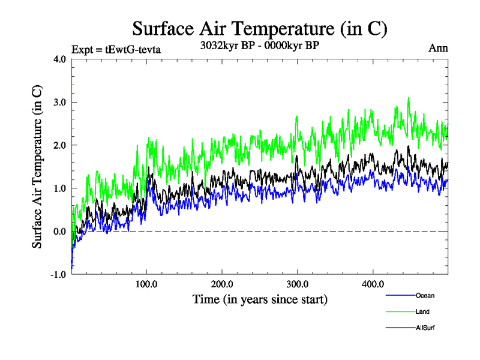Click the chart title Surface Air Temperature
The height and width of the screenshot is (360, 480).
coord(259,28)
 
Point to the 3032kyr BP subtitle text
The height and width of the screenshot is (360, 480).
coord(260,44)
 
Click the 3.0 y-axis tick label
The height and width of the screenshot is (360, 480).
coord(59,102)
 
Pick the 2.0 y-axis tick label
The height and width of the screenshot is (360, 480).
coord(59,145)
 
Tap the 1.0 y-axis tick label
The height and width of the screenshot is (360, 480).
coord(59,188)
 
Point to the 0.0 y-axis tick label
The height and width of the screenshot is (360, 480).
coord(59,232)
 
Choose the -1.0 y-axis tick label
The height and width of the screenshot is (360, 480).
coord(58,275)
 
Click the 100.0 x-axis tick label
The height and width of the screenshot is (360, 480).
coord(147,284)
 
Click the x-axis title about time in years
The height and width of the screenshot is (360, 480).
coord(260,299)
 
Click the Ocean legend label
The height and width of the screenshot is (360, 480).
coord(425,295)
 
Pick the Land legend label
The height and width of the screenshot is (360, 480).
coord(422,311)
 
